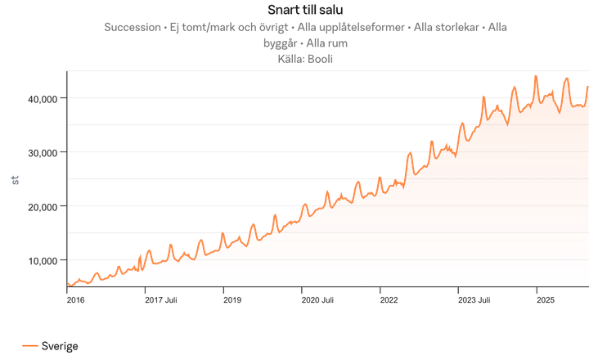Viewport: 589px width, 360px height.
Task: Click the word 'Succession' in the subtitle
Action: pyautogui.click(x=133, y=27)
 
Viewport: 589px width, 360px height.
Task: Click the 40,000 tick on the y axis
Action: pyautogui.click(x=42, y=99)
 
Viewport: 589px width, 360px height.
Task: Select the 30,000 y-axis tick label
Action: pyautogui.click(x=42, y=153)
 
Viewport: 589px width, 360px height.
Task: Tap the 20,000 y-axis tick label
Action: pyautogui.click(x=42, y=207)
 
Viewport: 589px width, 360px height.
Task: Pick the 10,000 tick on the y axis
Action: pyautogui.click(x=42, y=261)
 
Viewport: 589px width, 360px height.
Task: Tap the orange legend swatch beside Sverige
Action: pyautogui.click(x=30, y=347)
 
